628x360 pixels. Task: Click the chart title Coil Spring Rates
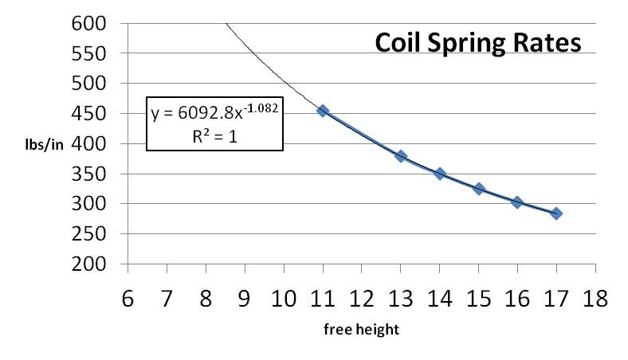coord(478,43)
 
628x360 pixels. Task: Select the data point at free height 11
coord(323,111)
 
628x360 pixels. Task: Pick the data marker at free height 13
coord(401,156)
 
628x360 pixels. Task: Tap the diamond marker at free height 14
coord(440,174)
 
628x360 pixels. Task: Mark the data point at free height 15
coord(479,189)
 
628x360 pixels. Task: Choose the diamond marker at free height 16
coord(517,202)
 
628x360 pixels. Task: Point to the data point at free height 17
coord(556,213)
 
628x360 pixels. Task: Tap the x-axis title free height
coord(361,329)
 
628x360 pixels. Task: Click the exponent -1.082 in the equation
coord(260,107)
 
